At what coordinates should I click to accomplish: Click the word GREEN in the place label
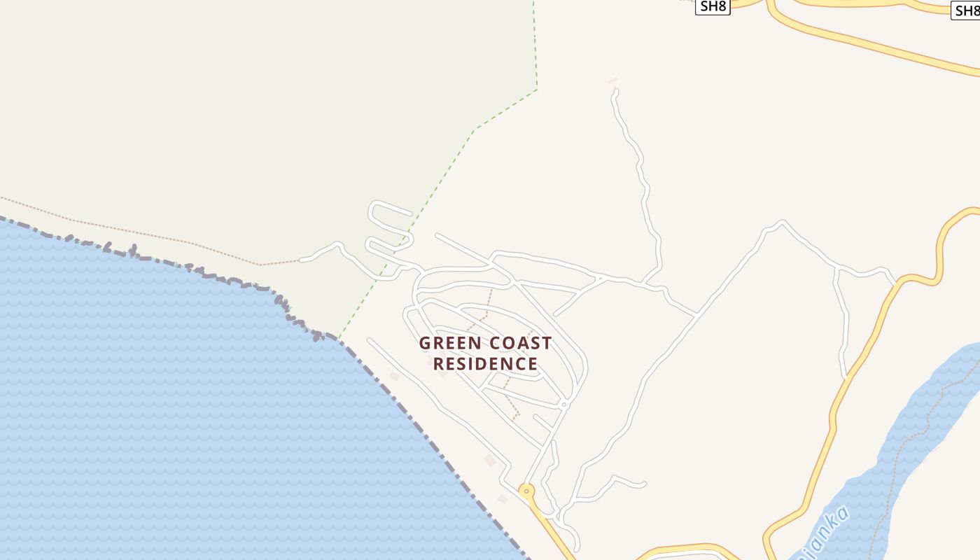(451, 344)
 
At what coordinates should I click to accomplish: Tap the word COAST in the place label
(520, 344)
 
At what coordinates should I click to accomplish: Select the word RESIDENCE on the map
(485, 364)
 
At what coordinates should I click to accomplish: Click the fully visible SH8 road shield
(713, 7)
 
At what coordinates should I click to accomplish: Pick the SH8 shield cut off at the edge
(967, 10)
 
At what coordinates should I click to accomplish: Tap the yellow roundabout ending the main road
(526, 491)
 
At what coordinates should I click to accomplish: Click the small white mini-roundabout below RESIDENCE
(563, 405)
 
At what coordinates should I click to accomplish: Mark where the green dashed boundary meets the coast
(339, 339)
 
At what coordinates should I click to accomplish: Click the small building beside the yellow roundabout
(502, 499)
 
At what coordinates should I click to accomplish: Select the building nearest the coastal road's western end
(395, 377)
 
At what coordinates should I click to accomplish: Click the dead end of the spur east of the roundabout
(643, 484)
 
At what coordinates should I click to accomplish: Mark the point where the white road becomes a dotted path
(301, 260)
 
